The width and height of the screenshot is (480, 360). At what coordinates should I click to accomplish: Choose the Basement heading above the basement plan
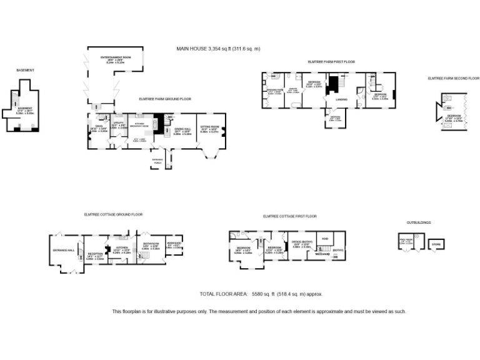pos(25,70)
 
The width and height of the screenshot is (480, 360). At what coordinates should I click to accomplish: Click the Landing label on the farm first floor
pos(341,99)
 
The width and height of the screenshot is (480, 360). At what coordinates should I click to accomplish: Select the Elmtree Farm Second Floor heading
pos(449,78)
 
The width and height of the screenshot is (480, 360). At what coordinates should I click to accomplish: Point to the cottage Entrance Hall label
pos(63,250)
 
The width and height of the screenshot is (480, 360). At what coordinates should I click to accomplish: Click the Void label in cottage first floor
pos(325,239)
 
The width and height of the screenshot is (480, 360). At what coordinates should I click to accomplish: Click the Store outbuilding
pos(436,243)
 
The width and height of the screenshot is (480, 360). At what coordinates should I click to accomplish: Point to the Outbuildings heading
pos(418,222)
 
